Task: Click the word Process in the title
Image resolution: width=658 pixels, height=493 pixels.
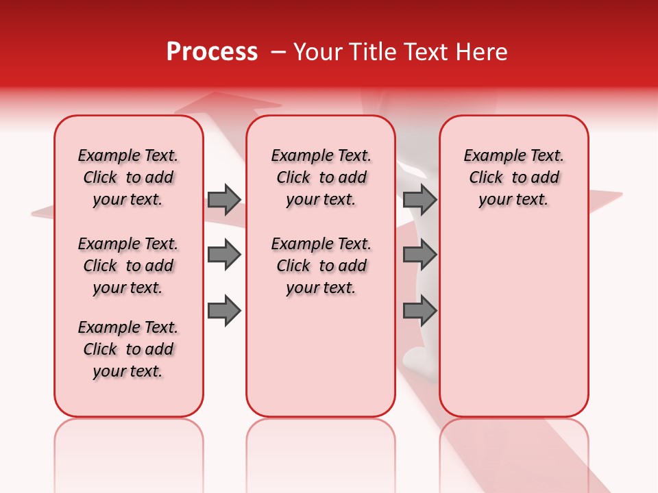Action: click(212, 51)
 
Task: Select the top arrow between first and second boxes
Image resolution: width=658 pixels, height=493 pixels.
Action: click(224, 199)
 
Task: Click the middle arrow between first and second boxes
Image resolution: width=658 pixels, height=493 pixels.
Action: click(224, 255)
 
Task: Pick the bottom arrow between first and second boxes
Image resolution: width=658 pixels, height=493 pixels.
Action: click(224, 311)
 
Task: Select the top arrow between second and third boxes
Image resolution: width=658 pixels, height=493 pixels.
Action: click(419, 199)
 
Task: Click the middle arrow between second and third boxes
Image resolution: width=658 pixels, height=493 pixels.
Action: click(419, 255)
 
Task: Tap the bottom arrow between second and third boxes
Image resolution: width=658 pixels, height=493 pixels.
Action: click(419, 311)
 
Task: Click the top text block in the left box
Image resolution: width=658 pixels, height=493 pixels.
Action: click(128, 177)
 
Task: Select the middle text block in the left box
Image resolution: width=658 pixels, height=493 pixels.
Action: click(128, 266)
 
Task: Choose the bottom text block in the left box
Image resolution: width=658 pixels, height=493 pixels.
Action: click(128, 349)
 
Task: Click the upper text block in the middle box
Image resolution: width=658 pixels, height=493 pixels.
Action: click(321, 177)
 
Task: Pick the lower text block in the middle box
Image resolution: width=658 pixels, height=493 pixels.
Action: click(321, 266)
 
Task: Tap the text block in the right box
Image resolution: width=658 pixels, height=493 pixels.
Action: click(513, 177)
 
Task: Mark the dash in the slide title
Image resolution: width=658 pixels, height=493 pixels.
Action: click(278, 52)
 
